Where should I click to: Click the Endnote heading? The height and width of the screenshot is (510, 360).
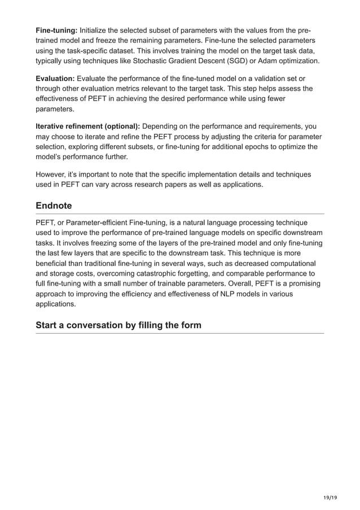(55, 207)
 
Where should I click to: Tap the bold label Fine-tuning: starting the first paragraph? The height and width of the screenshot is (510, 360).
(56, 29)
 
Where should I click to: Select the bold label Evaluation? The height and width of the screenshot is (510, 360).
(55, 78)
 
